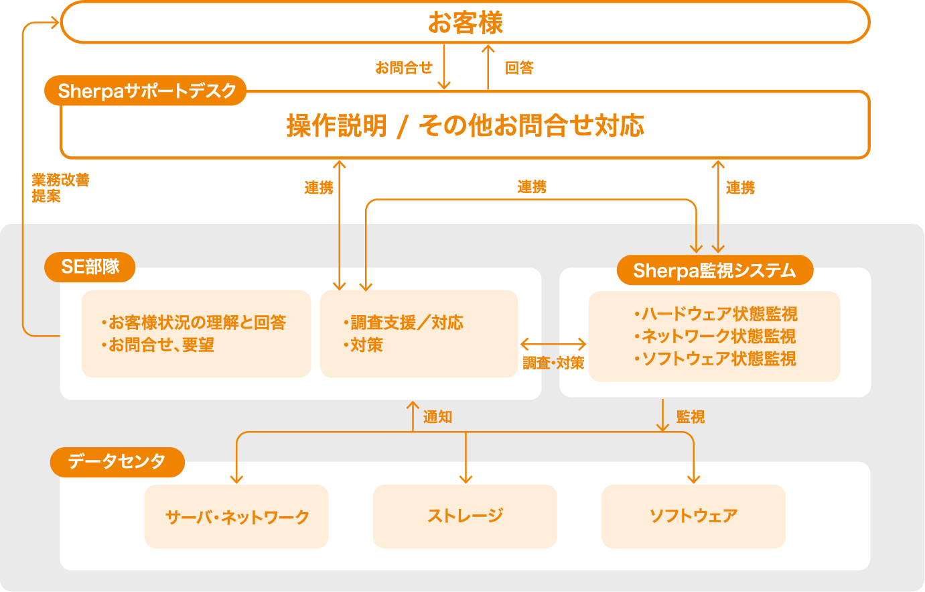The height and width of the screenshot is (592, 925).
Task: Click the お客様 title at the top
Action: coord(465,23)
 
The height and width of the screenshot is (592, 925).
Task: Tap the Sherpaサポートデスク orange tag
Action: coord(147,91)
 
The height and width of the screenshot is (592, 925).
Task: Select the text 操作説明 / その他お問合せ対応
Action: coord(465,125)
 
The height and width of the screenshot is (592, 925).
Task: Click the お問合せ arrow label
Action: coord(403,68)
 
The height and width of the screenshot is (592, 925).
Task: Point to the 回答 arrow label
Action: coord(519,68)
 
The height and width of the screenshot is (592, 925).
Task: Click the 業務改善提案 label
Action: coord(60,188)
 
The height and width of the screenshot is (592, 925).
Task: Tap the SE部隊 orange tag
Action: coord(90,267)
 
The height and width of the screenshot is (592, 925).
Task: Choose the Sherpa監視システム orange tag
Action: coord(714,270)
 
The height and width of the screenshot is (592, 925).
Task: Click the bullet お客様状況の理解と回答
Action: coord(194,322)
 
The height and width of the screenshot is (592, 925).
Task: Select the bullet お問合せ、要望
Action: coord(158,345)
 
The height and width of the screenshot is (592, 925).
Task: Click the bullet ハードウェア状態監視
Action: coord(716,314)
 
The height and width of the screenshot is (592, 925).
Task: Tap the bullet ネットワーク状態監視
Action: coord(715,336)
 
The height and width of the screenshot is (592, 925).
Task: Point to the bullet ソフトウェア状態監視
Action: coord(715,359)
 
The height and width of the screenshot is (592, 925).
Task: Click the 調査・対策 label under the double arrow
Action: coord(553,363)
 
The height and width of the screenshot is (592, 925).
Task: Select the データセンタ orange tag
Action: coord(117,461)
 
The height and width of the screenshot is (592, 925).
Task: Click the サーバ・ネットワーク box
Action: coord(236,516)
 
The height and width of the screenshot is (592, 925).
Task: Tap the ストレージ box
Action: coord(465,516)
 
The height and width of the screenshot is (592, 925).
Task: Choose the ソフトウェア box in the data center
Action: coord(693,516)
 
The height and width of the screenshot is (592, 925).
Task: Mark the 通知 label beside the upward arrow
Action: coord(438,417)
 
